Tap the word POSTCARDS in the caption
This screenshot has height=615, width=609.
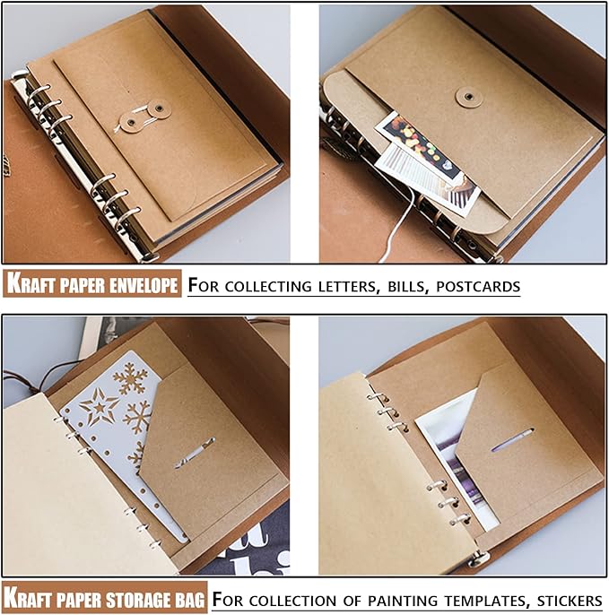[478, 287]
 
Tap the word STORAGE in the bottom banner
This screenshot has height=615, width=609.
[138, 600]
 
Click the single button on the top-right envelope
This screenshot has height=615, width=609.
[468, 97]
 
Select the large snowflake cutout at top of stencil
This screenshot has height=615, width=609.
[131, 377]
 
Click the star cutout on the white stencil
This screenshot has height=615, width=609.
[99, 407]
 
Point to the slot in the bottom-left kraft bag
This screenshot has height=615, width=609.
[195, 453]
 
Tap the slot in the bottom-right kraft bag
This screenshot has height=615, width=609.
[512, 439]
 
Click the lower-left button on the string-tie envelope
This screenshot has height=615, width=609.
[131, 123]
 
